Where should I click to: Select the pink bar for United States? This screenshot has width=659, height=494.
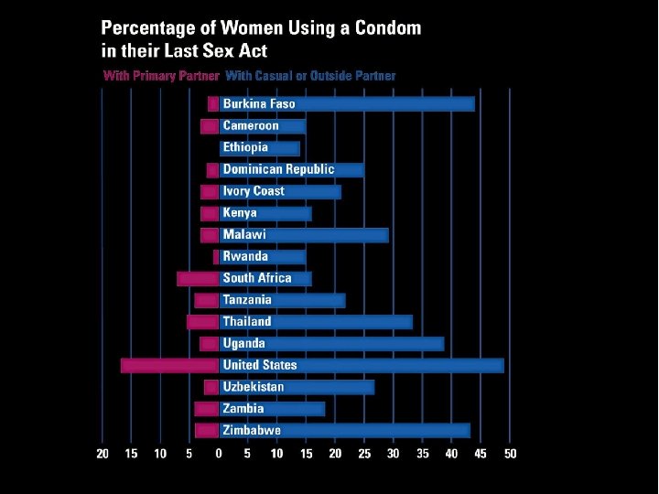169,365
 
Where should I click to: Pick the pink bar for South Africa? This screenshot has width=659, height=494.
198,278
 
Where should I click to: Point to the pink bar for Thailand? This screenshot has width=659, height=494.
203,322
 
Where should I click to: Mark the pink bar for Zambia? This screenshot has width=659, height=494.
207,409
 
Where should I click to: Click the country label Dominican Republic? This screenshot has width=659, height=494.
278,169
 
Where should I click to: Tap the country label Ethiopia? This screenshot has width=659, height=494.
245,147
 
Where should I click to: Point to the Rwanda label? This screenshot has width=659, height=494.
245,256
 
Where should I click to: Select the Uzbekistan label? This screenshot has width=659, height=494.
254,387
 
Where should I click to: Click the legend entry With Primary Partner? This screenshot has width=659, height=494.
161,76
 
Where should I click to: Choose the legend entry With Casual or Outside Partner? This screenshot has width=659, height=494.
310,76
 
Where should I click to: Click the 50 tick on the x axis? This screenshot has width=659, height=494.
510,454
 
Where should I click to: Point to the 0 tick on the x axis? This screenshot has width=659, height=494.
219,454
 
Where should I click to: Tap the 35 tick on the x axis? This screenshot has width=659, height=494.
422,454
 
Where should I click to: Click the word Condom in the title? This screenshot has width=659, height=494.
385,27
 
